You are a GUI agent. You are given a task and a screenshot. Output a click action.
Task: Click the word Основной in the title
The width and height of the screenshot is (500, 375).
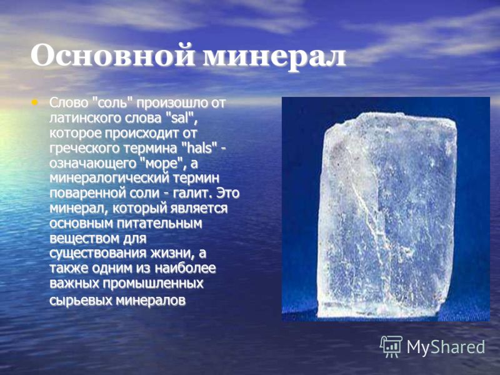pos(112,56)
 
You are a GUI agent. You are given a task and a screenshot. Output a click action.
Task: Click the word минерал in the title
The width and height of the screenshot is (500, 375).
pos(274,57)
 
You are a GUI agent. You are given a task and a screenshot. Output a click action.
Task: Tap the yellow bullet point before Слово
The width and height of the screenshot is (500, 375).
pos(34,102)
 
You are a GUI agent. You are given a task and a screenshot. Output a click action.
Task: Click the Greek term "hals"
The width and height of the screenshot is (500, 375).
pos(199,148)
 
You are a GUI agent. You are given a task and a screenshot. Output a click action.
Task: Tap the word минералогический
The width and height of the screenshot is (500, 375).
pos(109,179)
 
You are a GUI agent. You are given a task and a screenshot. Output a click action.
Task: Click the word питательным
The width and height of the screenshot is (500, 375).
pos(159,224)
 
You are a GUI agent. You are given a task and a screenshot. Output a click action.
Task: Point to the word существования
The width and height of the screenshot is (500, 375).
pos(97,254)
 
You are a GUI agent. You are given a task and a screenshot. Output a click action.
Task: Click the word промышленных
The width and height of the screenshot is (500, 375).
pos(152,284)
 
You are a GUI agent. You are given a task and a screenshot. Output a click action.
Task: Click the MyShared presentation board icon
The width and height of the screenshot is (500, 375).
pos(391,347)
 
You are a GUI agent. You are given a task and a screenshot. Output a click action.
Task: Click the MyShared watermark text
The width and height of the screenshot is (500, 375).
pos(446,347)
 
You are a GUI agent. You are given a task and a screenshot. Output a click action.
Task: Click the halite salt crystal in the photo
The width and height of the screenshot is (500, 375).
pos(386,214)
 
